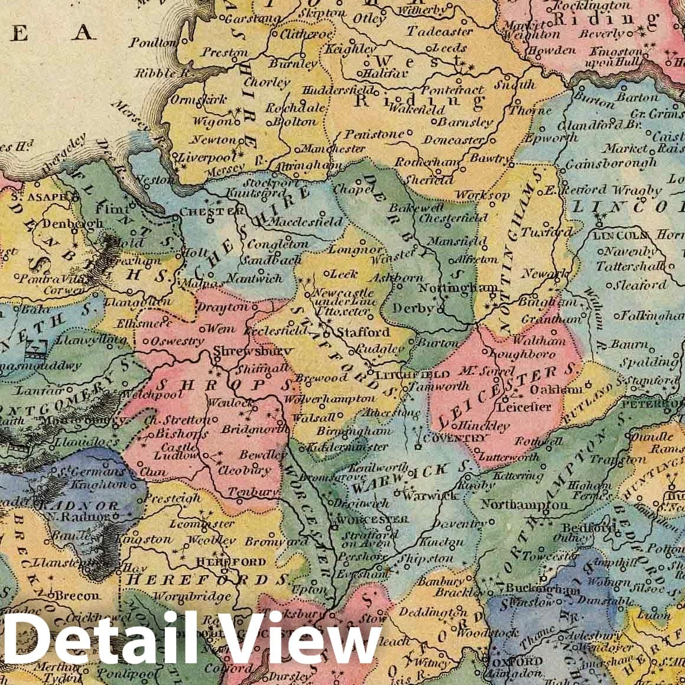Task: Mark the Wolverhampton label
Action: [322, 400]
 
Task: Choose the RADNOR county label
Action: [79, 506]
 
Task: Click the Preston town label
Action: [225, 53]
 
